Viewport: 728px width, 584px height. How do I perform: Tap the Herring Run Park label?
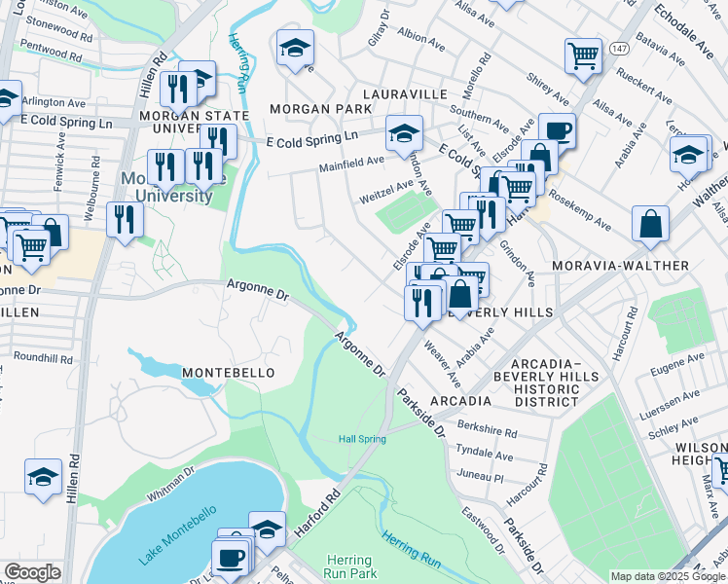(x=348, y=567)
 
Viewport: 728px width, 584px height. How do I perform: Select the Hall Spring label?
(x=362, y=439)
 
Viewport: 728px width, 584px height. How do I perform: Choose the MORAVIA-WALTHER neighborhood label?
(x=620, y=266)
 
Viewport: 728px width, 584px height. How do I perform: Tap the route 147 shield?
(x=619, y=46)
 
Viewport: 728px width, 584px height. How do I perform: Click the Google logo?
(x=32, y=572)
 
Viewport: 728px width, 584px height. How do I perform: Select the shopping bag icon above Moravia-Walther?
(x=650, y=223)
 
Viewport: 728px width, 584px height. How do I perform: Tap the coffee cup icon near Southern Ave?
(x=558, y=129)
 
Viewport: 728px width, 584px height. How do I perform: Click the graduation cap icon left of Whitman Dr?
(x=43, y=476)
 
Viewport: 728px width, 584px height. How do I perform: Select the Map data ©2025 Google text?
(x=667, y=576)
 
